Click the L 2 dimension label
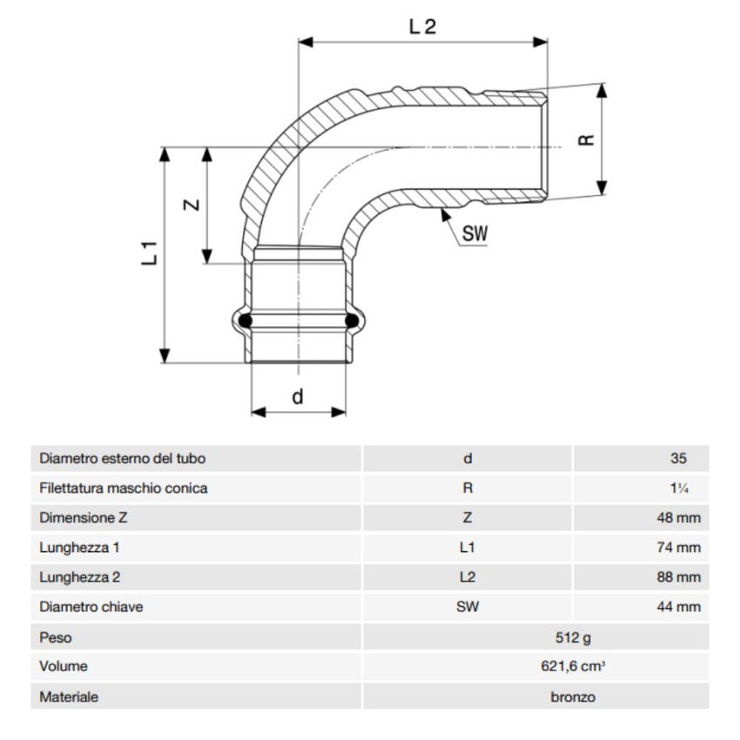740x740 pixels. coord(422,26)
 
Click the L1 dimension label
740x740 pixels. coord(149,252)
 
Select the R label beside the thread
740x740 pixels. coord(588,138)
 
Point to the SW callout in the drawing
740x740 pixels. coord(474,233)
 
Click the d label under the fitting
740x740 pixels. coord(298,397)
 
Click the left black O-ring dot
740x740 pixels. coord(246,320)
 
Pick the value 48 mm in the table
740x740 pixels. coord(678,518)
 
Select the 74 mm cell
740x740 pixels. coord(678,548)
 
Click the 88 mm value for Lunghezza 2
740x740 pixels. coord(678,577)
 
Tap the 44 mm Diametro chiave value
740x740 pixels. coord(678,607)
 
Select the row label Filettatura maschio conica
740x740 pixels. coord(124,488)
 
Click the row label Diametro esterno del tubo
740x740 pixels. coord(123,459)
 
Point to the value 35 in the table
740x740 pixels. coord(679,459)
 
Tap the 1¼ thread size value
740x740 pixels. coord(680,488)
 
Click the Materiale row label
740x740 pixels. coord(69,696)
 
